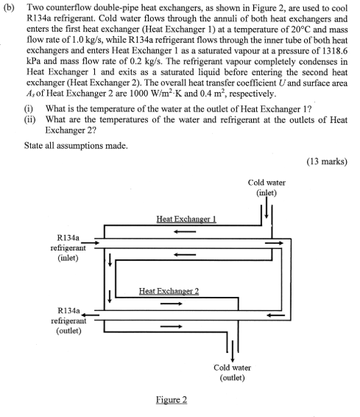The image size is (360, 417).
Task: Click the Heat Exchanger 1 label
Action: [x=186, y=219]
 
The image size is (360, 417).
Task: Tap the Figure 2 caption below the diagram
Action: [x=171, y=400]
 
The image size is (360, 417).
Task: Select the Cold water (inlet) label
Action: [x=267, y=188]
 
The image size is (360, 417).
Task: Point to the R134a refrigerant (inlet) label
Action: [x=68, y=249]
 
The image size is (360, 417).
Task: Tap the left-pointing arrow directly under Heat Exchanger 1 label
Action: [x=185, y=231]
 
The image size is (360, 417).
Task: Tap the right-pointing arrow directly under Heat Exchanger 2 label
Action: [x=170, y=303]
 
